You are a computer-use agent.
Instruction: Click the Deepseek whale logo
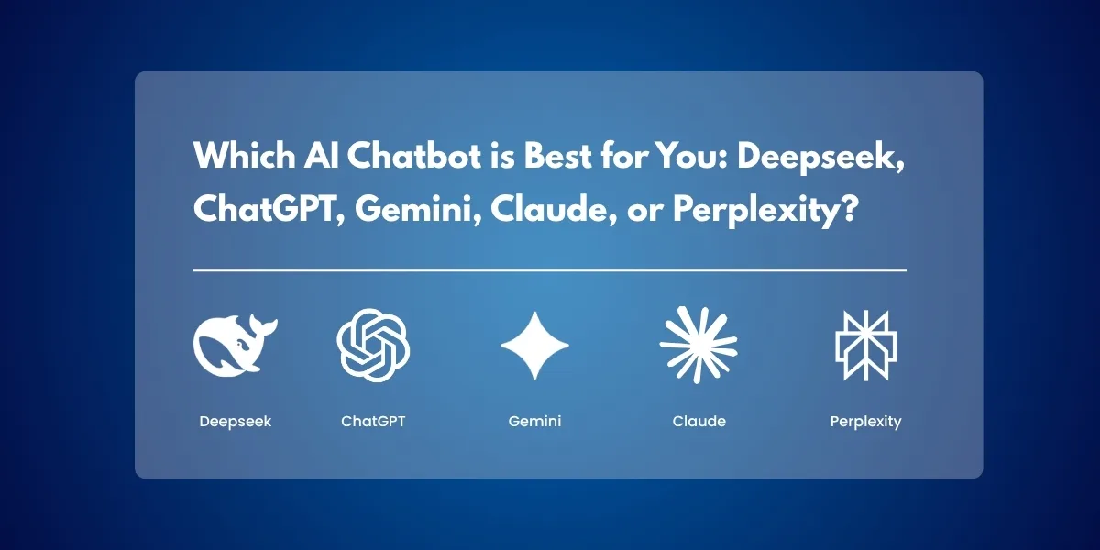[231, 347]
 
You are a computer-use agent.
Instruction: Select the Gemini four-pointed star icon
[534, 346]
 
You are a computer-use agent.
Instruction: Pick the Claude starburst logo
[698, 345]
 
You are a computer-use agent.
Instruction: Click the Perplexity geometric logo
[865, 346]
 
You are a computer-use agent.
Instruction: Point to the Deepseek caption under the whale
[236, 422]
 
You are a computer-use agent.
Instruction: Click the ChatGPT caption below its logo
[373, 421]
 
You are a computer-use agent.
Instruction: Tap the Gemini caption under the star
[534, 421]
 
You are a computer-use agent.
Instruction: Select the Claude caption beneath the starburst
[698, 421]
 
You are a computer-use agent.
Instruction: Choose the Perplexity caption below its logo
[865, 422]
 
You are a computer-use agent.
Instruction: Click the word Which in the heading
[245, 155]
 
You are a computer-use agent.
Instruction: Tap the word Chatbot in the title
[414, 155]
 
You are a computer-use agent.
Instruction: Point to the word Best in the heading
[557, 155]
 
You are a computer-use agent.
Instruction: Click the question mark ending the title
[850, 209]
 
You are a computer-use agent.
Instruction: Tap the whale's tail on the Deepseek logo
[263, 326]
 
